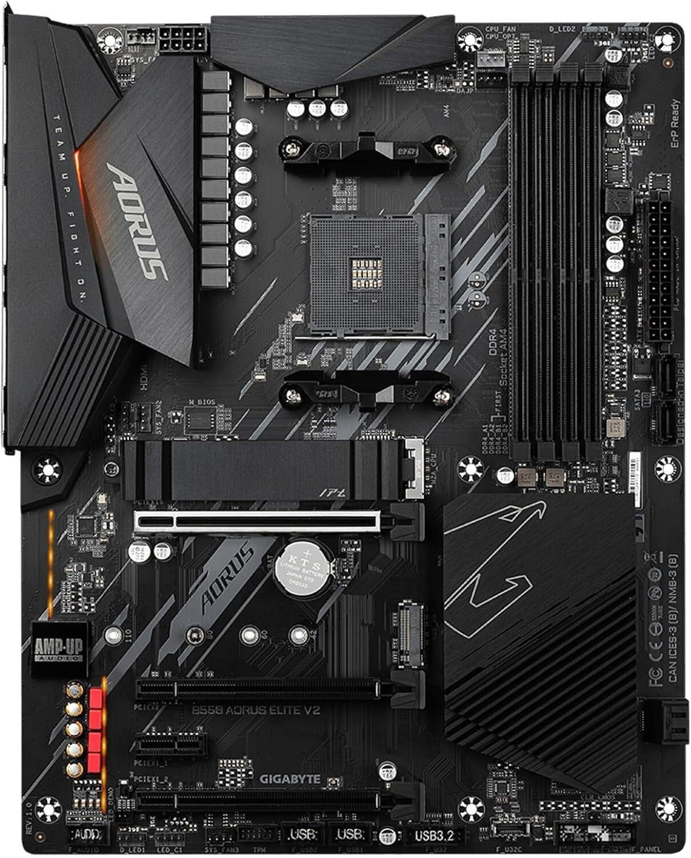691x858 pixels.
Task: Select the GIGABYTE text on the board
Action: [290, 779]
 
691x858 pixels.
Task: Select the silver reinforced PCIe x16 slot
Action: [257, 521]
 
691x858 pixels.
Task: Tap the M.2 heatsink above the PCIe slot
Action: [260, 468]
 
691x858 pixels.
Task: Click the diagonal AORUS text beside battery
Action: [227, 578]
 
